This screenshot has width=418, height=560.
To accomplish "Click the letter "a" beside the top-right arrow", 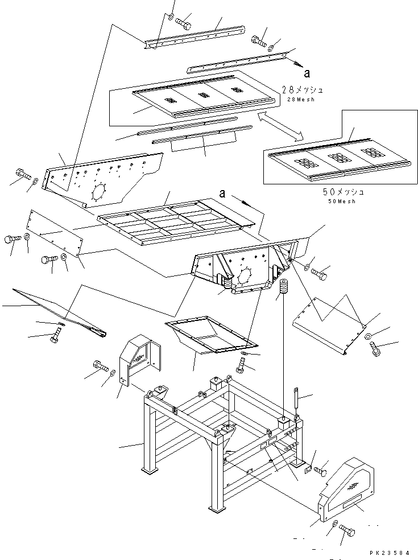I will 307,73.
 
